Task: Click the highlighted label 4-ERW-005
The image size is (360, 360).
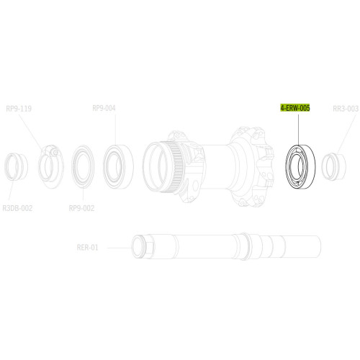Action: pyautogui.click(x=295, y=109)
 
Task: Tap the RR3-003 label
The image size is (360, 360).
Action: pyautogui.click(x=346, y=109)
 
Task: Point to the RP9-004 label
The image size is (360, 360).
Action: pyautogui.click(x=104, y=109)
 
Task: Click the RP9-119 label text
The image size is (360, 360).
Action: pyautogui.click(x=19, y=109)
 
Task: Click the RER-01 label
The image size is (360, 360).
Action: pyautogui.click(x=87, y=247)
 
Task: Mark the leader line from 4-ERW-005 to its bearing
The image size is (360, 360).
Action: pyautogui.click(x=295, y=126)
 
